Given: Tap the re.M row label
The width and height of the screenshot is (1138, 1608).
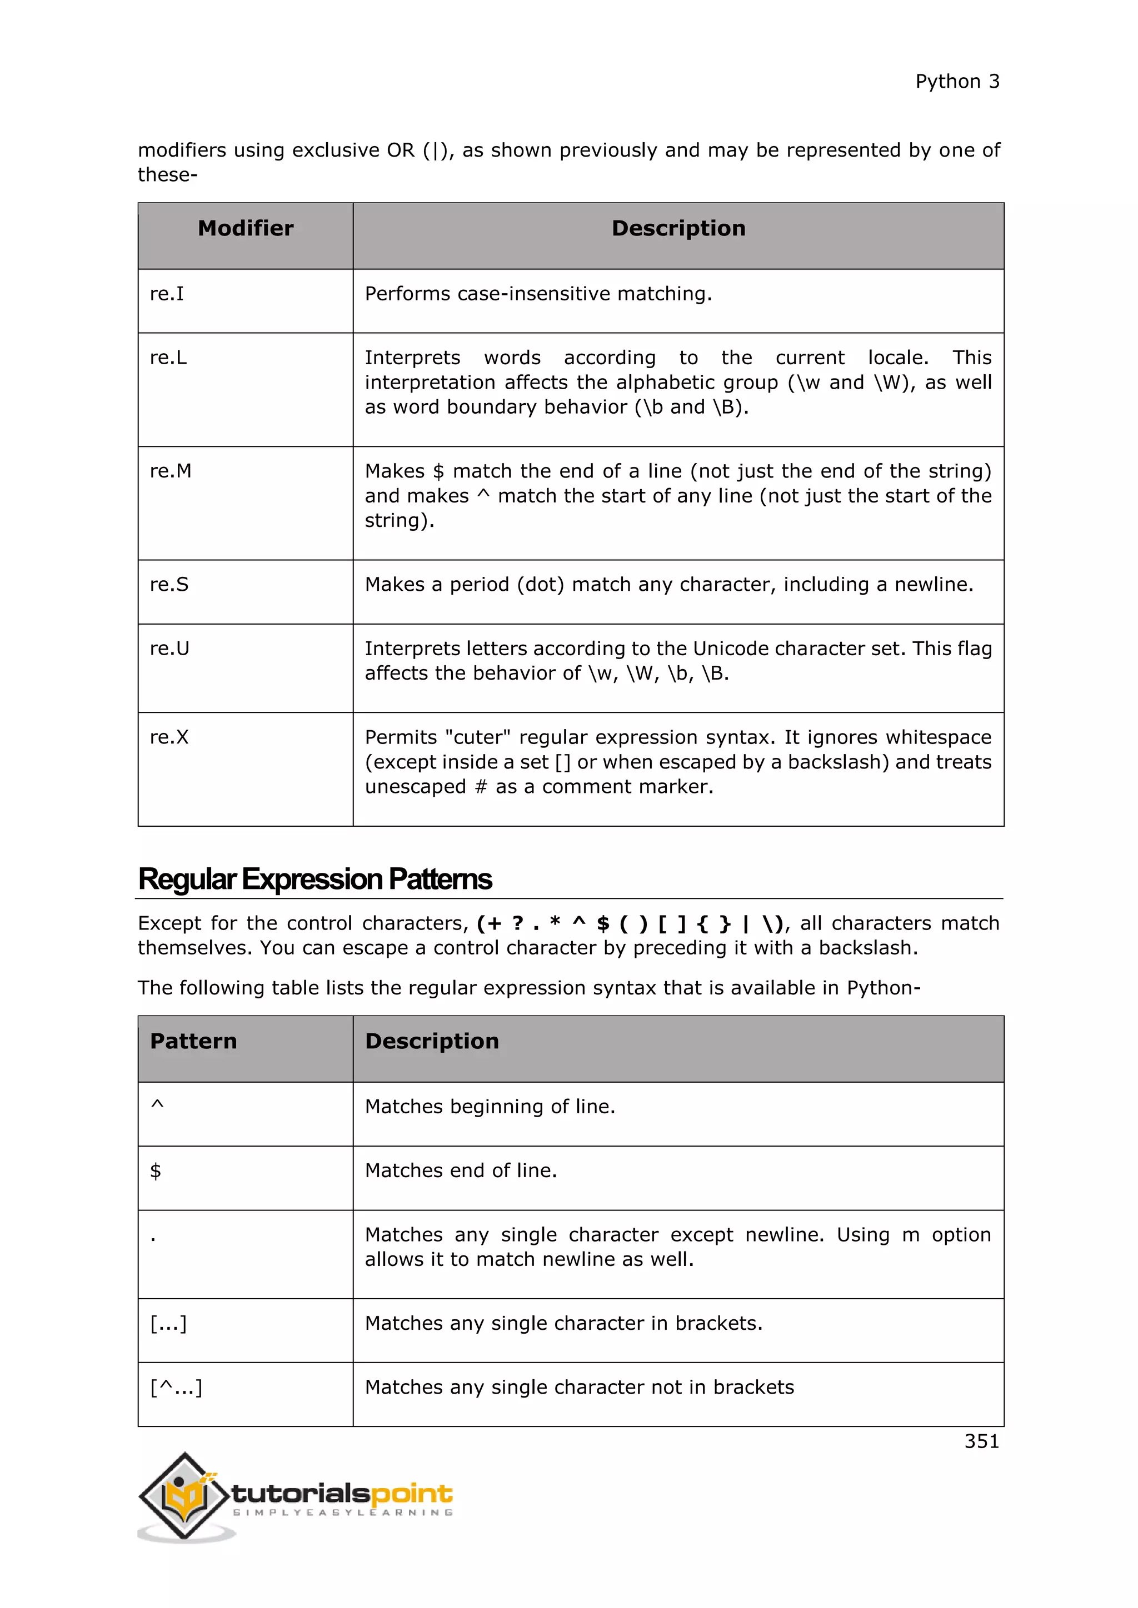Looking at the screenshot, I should [x=170, y=471].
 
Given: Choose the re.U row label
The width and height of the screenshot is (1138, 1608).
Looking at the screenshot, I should [x=169, y=649].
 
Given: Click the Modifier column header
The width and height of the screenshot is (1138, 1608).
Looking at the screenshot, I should [x=245, y=228].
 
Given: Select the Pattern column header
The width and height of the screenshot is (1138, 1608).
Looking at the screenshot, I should [x=193, y=1042].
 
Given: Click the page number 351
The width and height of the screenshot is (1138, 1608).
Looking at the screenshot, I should [x=981, y=1441].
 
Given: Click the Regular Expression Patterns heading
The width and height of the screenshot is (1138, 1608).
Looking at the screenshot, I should [x=315, y=880].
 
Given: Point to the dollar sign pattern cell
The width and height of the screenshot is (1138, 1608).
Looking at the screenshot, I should [x=156, y=1171].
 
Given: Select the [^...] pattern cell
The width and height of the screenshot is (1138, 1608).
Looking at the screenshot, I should [x=176, y=1388].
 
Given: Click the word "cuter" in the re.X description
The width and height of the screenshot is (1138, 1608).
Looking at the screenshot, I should [x=478, y=737].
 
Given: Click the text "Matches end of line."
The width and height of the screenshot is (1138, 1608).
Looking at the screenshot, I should [x=461, y=1171].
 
